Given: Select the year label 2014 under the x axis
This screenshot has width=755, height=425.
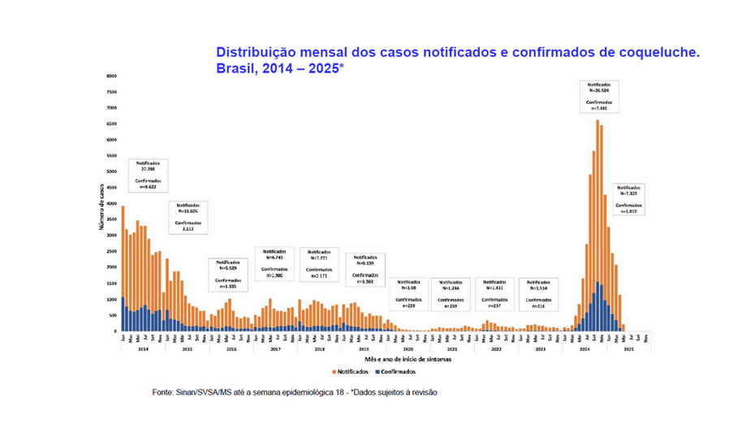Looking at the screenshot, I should (x=143, y=349).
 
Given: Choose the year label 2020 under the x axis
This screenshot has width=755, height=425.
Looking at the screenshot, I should (x=407, y=349).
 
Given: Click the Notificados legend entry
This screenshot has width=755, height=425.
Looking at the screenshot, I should (x=352, y=371).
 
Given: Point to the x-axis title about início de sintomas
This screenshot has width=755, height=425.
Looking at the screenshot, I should (x=386, y=358).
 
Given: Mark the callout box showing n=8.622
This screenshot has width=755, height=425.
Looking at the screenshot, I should (x=148, y=175).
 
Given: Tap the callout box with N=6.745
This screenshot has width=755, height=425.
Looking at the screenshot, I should (x=275, y=263).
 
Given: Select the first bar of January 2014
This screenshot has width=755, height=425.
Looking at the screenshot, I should (x=123, y=268).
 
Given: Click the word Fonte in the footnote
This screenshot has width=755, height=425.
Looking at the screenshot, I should (x=162, y=392).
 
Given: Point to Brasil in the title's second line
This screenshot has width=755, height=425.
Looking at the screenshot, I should (x=235, y=69).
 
